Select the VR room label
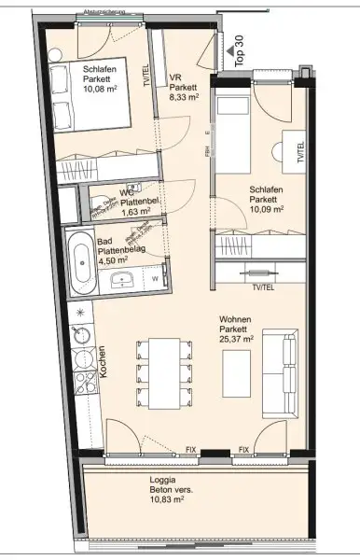tap(175, 78)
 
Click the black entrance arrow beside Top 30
tap(225, 51)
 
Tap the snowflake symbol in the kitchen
tap(79, 310)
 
